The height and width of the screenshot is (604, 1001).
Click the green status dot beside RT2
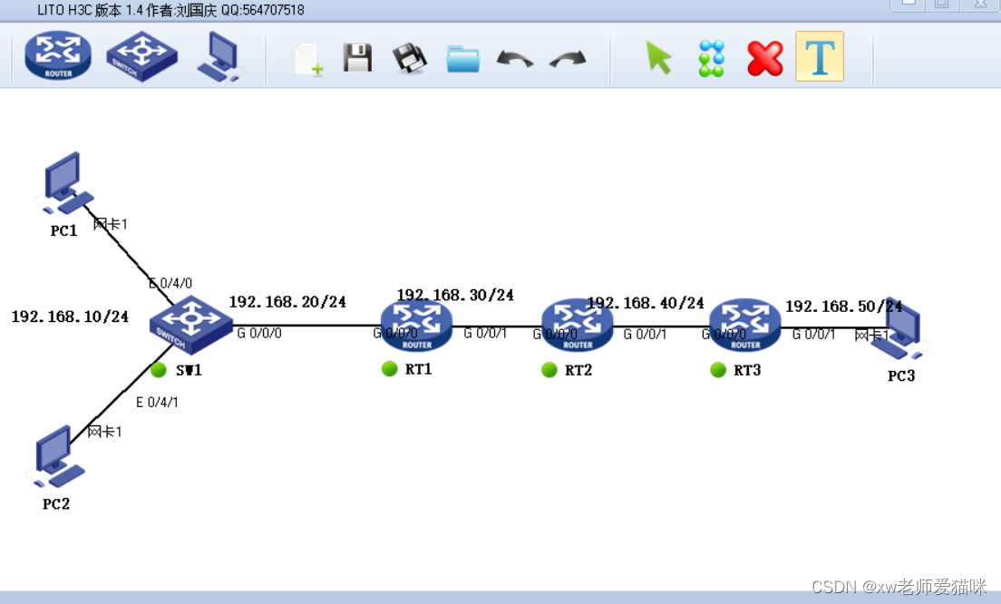pyautogui.click(x=549, y=369)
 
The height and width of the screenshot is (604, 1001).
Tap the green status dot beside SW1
pyautogui.click(x=159, y=369)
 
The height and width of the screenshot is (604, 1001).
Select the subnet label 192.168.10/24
pyautogui.click(x=70, y=317)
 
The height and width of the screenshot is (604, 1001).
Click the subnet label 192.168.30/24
pyautogui.click(x=455, y=295)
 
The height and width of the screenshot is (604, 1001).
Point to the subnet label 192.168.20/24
pyautogui.click(x=287, y=301)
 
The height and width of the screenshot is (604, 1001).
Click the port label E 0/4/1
pyautogui.click(x=157, y=402)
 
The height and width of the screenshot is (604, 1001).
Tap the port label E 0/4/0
pyautogui.click(x=170, y=284)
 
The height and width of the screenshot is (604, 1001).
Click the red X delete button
pyautogui.click(x=764, y=58)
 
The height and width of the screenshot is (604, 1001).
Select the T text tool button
pyautogui.click(x=820, y=56)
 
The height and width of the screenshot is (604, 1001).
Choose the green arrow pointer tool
pyautogui.click(x=659, y=58)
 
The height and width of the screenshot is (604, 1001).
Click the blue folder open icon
pyautogui.click(x=463, y=59)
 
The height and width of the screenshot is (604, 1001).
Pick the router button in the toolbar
pyautogui.click(x=58, y=56)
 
